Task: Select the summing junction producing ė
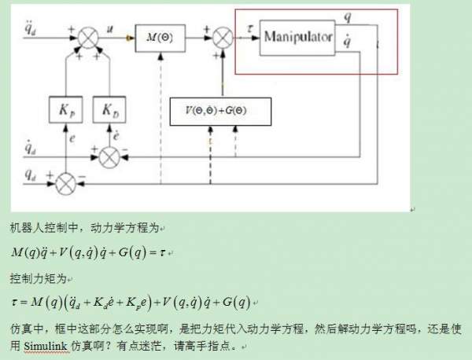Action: pos(109,156)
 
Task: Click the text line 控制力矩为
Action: pos(41,278)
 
